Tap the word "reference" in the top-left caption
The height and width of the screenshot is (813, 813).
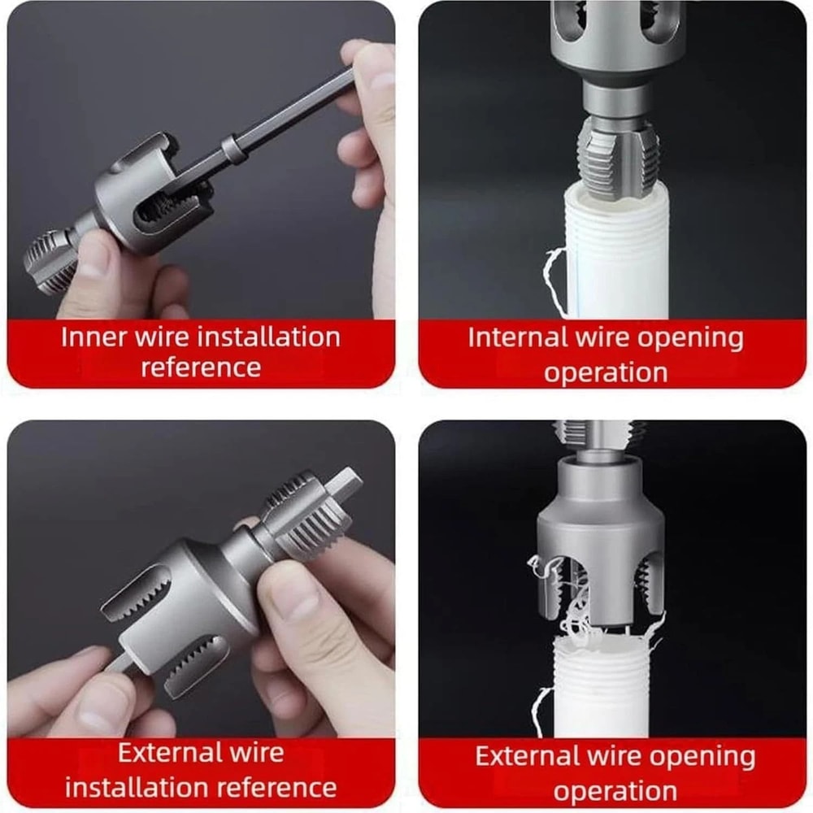tap(201, 367)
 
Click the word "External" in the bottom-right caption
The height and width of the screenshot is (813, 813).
tap(526, 756)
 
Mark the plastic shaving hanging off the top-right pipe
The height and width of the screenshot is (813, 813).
tap(553, 272)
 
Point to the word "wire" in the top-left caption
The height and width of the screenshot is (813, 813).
tap(163, 337)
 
